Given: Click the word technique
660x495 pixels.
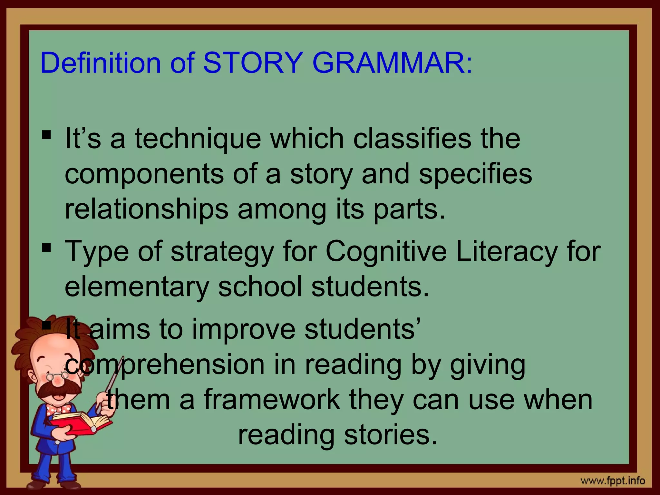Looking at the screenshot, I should (x=198, y=139).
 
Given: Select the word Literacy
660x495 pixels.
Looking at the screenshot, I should (x=507, y=252).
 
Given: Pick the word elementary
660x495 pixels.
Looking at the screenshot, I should (x=137, y=287).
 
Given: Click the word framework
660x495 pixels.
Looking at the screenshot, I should (x=272, y=400).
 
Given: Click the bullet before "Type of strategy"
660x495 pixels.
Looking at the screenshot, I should (x=46, y=247).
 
